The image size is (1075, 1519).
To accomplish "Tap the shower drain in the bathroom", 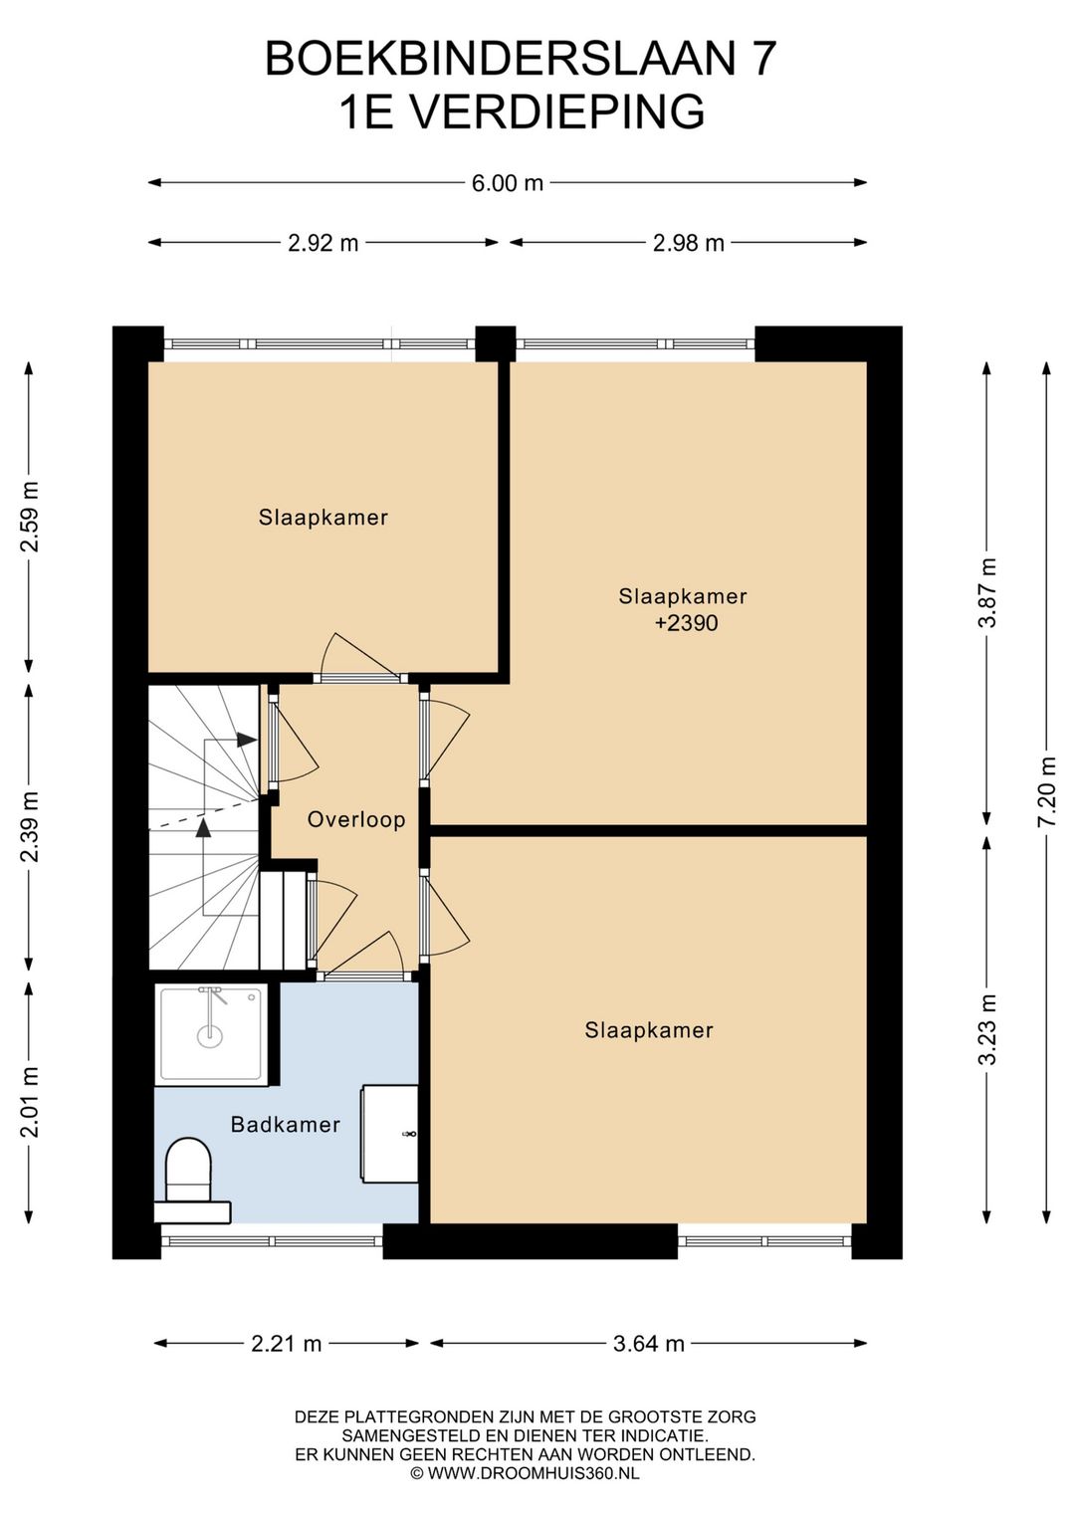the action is tap(209, 1035).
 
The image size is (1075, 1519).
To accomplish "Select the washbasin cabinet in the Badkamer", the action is tap(389, 1134).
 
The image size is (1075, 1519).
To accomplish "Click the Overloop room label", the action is tap(356, 820).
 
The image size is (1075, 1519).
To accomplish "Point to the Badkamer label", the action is tap(285, 1125).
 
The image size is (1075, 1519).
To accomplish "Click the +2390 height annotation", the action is tap(687, 623).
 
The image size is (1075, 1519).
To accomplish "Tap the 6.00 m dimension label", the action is tap(508, 183).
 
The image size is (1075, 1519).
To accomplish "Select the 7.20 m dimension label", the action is tap(1048, 790).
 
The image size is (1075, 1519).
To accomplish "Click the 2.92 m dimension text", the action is tap(322, 243).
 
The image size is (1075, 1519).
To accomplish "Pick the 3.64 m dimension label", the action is tap(648, 1344).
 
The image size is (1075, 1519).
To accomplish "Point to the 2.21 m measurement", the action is tap(287, 1344).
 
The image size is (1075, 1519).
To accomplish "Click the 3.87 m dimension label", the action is tap(988, 593).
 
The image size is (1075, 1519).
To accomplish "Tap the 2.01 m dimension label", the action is tap(29, 1102).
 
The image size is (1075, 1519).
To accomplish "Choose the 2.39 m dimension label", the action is tap(29, 826).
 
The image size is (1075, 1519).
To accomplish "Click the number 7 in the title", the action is tap(762, 59).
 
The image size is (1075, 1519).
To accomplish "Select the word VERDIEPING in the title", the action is tap(558, 111).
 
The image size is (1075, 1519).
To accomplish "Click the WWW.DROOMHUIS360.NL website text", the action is tap(533, 1473).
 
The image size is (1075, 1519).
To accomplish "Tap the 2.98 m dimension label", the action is tap(689, 243).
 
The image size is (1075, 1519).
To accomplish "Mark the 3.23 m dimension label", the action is tap(988, 1030).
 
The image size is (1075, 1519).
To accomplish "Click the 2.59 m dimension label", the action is tap(29, 517).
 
